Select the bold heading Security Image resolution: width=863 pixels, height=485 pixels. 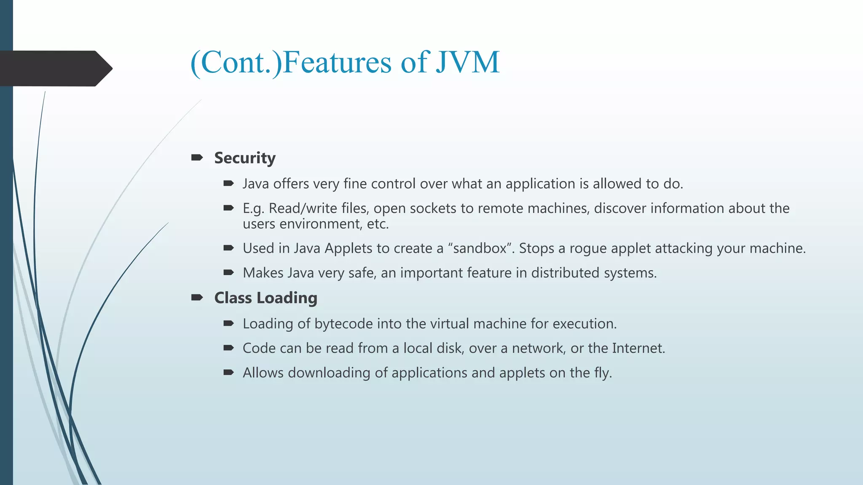[245, 158]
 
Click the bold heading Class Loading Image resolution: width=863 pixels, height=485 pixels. [265, 298]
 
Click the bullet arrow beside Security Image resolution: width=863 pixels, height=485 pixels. [197, 158]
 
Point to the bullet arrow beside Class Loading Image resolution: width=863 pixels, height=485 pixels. [197, 298]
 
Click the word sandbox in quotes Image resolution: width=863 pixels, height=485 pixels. [480, 248]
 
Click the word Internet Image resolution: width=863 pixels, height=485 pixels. [638, 348]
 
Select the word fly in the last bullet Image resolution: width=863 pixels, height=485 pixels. [602, 373]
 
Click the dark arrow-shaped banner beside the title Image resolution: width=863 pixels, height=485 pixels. [55, 68]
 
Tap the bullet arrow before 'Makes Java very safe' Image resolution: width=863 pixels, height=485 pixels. [228, 273]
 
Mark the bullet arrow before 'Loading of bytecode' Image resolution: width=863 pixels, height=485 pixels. [228, 324]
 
